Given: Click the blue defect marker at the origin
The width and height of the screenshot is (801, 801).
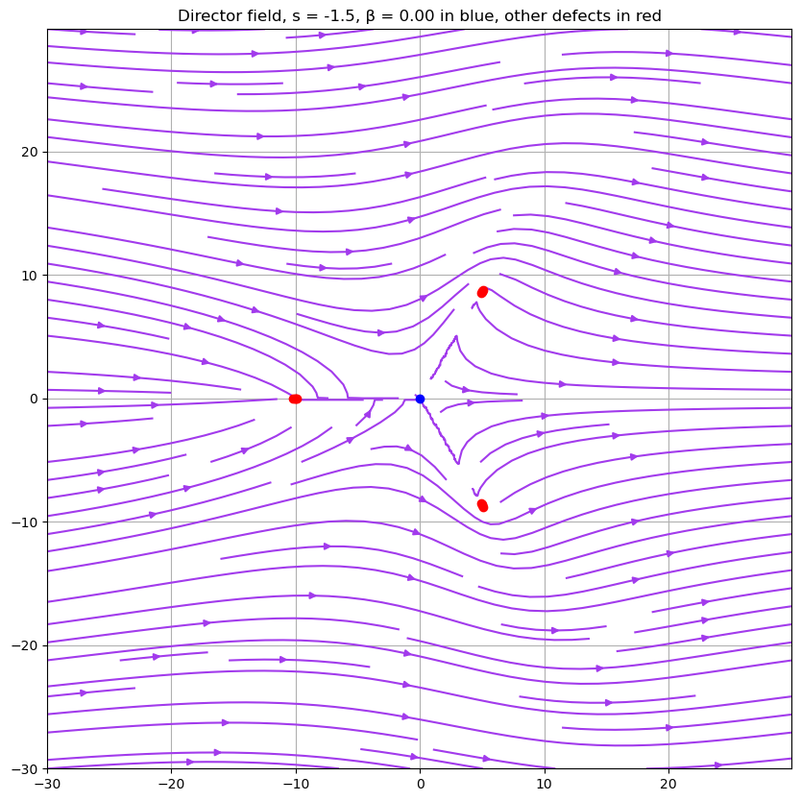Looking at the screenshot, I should [420, 399].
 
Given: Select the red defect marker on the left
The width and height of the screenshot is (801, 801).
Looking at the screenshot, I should [295, 399].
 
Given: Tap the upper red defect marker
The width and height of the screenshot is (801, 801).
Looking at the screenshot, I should [482, 292].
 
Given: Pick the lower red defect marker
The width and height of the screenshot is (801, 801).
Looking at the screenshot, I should [482, 505].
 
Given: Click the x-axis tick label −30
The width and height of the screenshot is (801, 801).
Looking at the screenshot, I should [47, 784].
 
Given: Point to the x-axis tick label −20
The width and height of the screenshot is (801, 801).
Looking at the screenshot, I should [171, 784].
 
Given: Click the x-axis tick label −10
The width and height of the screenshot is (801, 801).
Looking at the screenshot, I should [296, 784].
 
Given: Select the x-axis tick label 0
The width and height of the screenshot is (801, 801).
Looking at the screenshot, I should [420, 784].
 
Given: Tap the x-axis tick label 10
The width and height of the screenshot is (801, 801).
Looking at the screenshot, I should [545, 784].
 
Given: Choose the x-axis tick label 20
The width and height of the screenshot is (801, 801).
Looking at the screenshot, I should [668, 784].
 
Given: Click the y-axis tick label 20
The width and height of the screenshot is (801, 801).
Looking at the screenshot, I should [28, 152].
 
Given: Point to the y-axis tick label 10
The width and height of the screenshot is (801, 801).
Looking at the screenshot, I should [28, 276].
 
